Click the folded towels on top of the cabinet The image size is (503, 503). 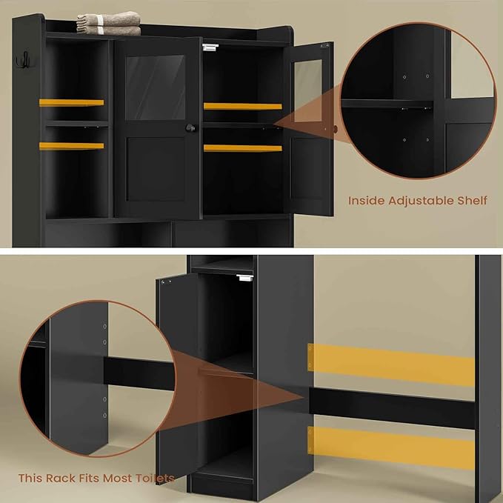pos(109,24)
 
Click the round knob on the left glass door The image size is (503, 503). pos(190,128)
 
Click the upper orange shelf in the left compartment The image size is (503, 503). pos(72,102)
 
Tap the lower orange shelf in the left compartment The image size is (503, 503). pos(72,146)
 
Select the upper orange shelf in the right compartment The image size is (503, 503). pos(242,106)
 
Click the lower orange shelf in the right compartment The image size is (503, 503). pos(242,148)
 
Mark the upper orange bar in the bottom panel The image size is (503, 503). pos(391,364)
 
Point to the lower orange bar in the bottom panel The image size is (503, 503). pos(391,446)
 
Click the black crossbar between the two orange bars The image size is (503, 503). pos(391,405)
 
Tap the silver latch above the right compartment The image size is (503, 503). pos(210,47)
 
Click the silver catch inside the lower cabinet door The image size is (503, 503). pos(244,279)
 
